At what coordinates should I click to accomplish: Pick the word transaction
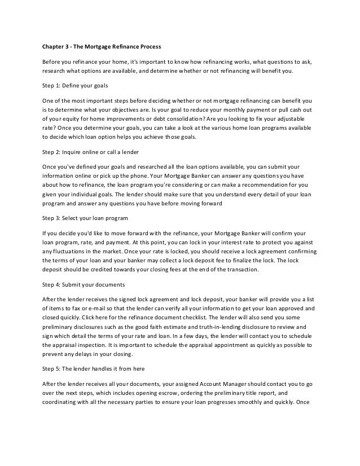(x=240, y=271)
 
